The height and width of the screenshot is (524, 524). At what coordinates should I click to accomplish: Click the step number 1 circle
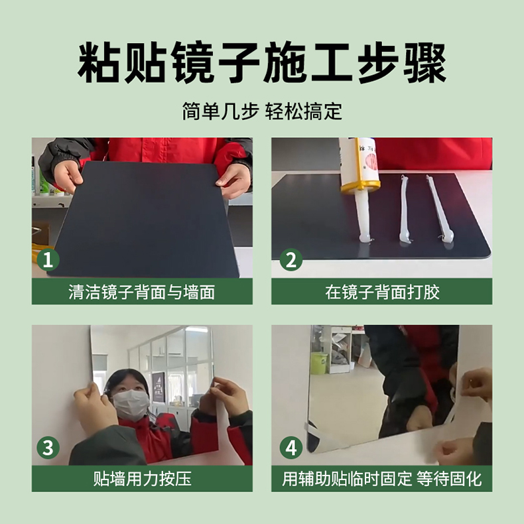click(48, 259)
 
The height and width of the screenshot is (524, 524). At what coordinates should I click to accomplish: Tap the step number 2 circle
click(291, 259)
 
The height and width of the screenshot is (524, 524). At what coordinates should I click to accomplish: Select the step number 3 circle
click(48, 448)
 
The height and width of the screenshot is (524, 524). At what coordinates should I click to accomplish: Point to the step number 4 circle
click(291, 448)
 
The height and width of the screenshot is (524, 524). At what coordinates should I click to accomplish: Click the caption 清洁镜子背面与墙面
click(142, 292)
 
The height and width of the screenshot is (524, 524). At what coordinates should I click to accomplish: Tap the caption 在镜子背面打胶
click(382, 292)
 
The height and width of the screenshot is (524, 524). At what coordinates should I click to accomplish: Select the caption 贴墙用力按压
click(142, 479)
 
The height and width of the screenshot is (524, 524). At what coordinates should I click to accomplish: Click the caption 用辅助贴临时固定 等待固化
click(381, 479)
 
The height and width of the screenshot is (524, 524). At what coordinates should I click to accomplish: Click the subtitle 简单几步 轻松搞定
click(262, 111)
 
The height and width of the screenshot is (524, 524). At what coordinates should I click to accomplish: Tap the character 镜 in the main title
click(194, 63)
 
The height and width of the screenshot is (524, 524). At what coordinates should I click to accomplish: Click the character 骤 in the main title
click(426, 63)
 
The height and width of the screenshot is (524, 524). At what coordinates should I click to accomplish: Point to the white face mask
click(131, 405)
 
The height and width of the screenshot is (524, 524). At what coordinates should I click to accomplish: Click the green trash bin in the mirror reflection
click(319, 363)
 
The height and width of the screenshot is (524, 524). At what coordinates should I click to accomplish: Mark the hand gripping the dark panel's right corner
click(234, 182)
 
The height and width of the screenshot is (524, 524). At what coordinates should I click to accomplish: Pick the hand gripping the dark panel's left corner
click(68, 177)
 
